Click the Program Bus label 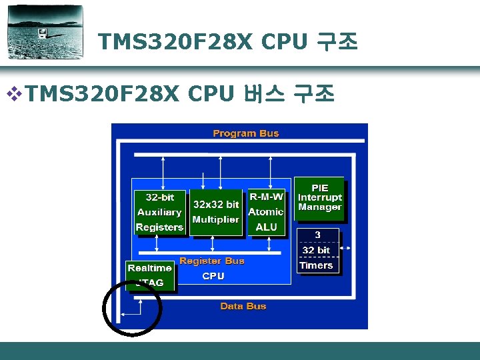click(x=245, y=133)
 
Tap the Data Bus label click(x=243, y=307)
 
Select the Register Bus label click(x=212, y=261)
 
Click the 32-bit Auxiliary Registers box click(x=159, y=213)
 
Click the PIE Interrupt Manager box click(x=320, y=198)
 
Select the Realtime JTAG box click(x=150, y=275)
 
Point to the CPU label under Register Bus click(x=213, y=276)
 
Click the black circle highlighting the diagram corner click(x=132, y=306)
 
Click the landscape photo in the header click(x=45, y=32)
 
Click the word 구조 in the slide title click(x=337, y=43)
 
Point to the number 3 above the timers click(x=317, y=235)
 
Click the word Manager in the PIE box click(x=320, y=207)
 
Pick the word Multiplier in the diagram click(x=215, y=219)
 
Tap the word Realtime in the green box click(x=150, y=268)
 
